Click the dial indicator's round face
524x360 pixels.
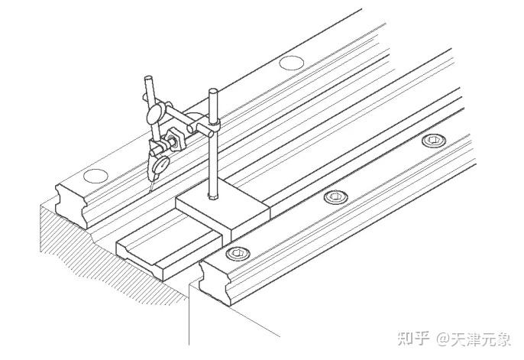tap(160, 163)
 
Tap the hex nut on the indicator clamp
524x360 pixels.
tap(173, 138)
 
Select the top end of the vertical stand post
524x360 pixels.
tap(212, 94)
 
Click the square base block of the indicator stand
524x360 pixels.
tap(222, 210)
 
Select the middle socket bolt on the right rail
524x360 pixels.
tap(335, 197)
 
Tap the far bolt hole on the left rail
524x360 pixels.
tap(289, 63)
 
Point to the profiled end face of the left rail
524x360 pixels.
tap(73, 200)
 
